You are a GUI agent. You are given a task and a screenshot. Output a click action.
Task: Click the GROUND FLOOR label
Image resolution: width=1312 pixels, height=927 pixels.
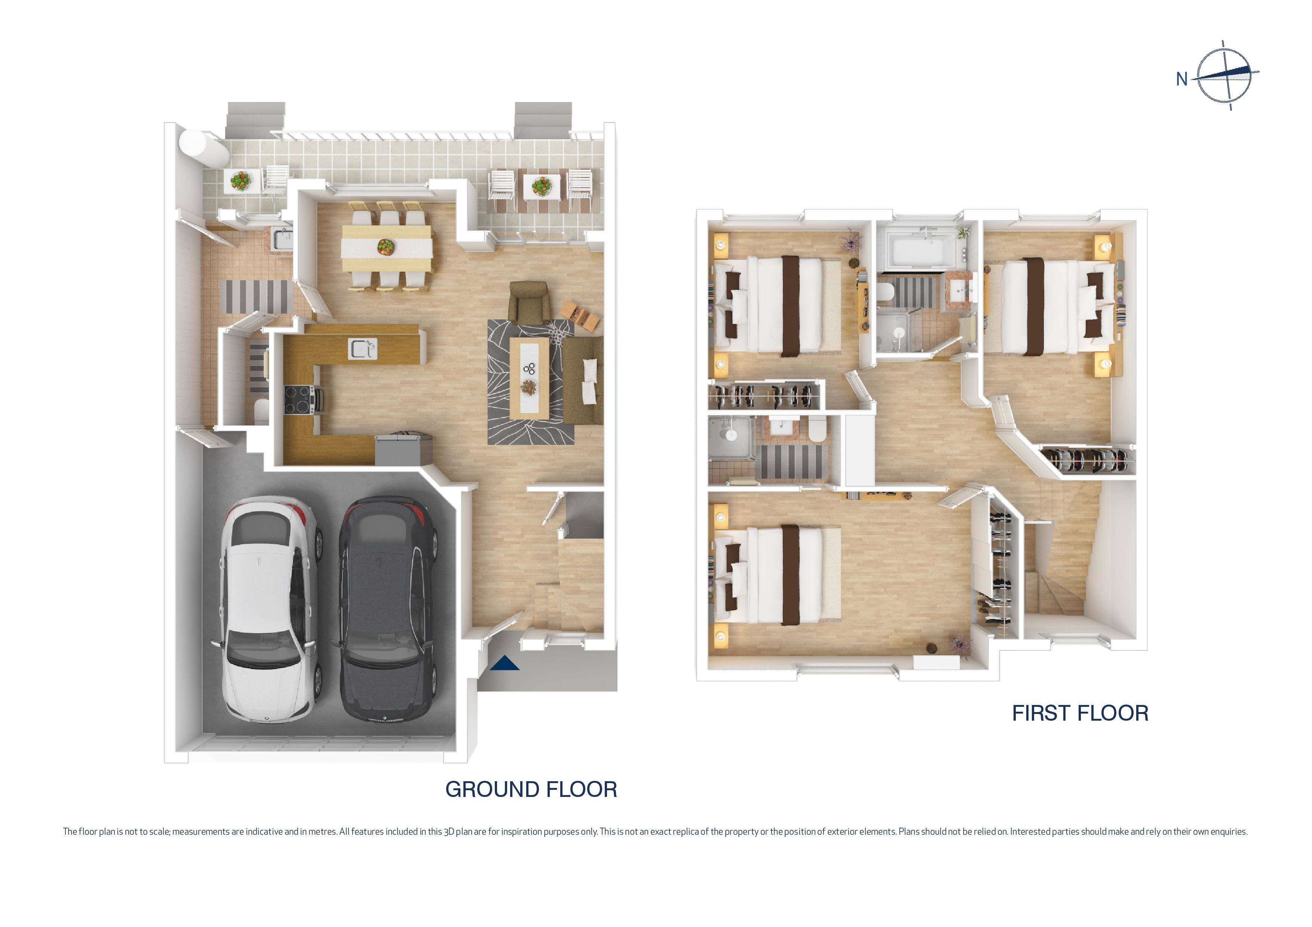[x=531, y=789]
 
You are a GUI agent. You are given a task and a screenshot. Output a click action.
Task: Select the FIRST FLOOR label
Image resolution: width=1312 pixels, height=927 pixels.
[x=1080, y=714]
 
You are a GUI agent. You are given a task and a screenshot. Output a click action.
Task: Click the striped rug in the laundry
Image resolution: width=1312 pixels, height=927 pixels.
[x=254, y=296]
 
